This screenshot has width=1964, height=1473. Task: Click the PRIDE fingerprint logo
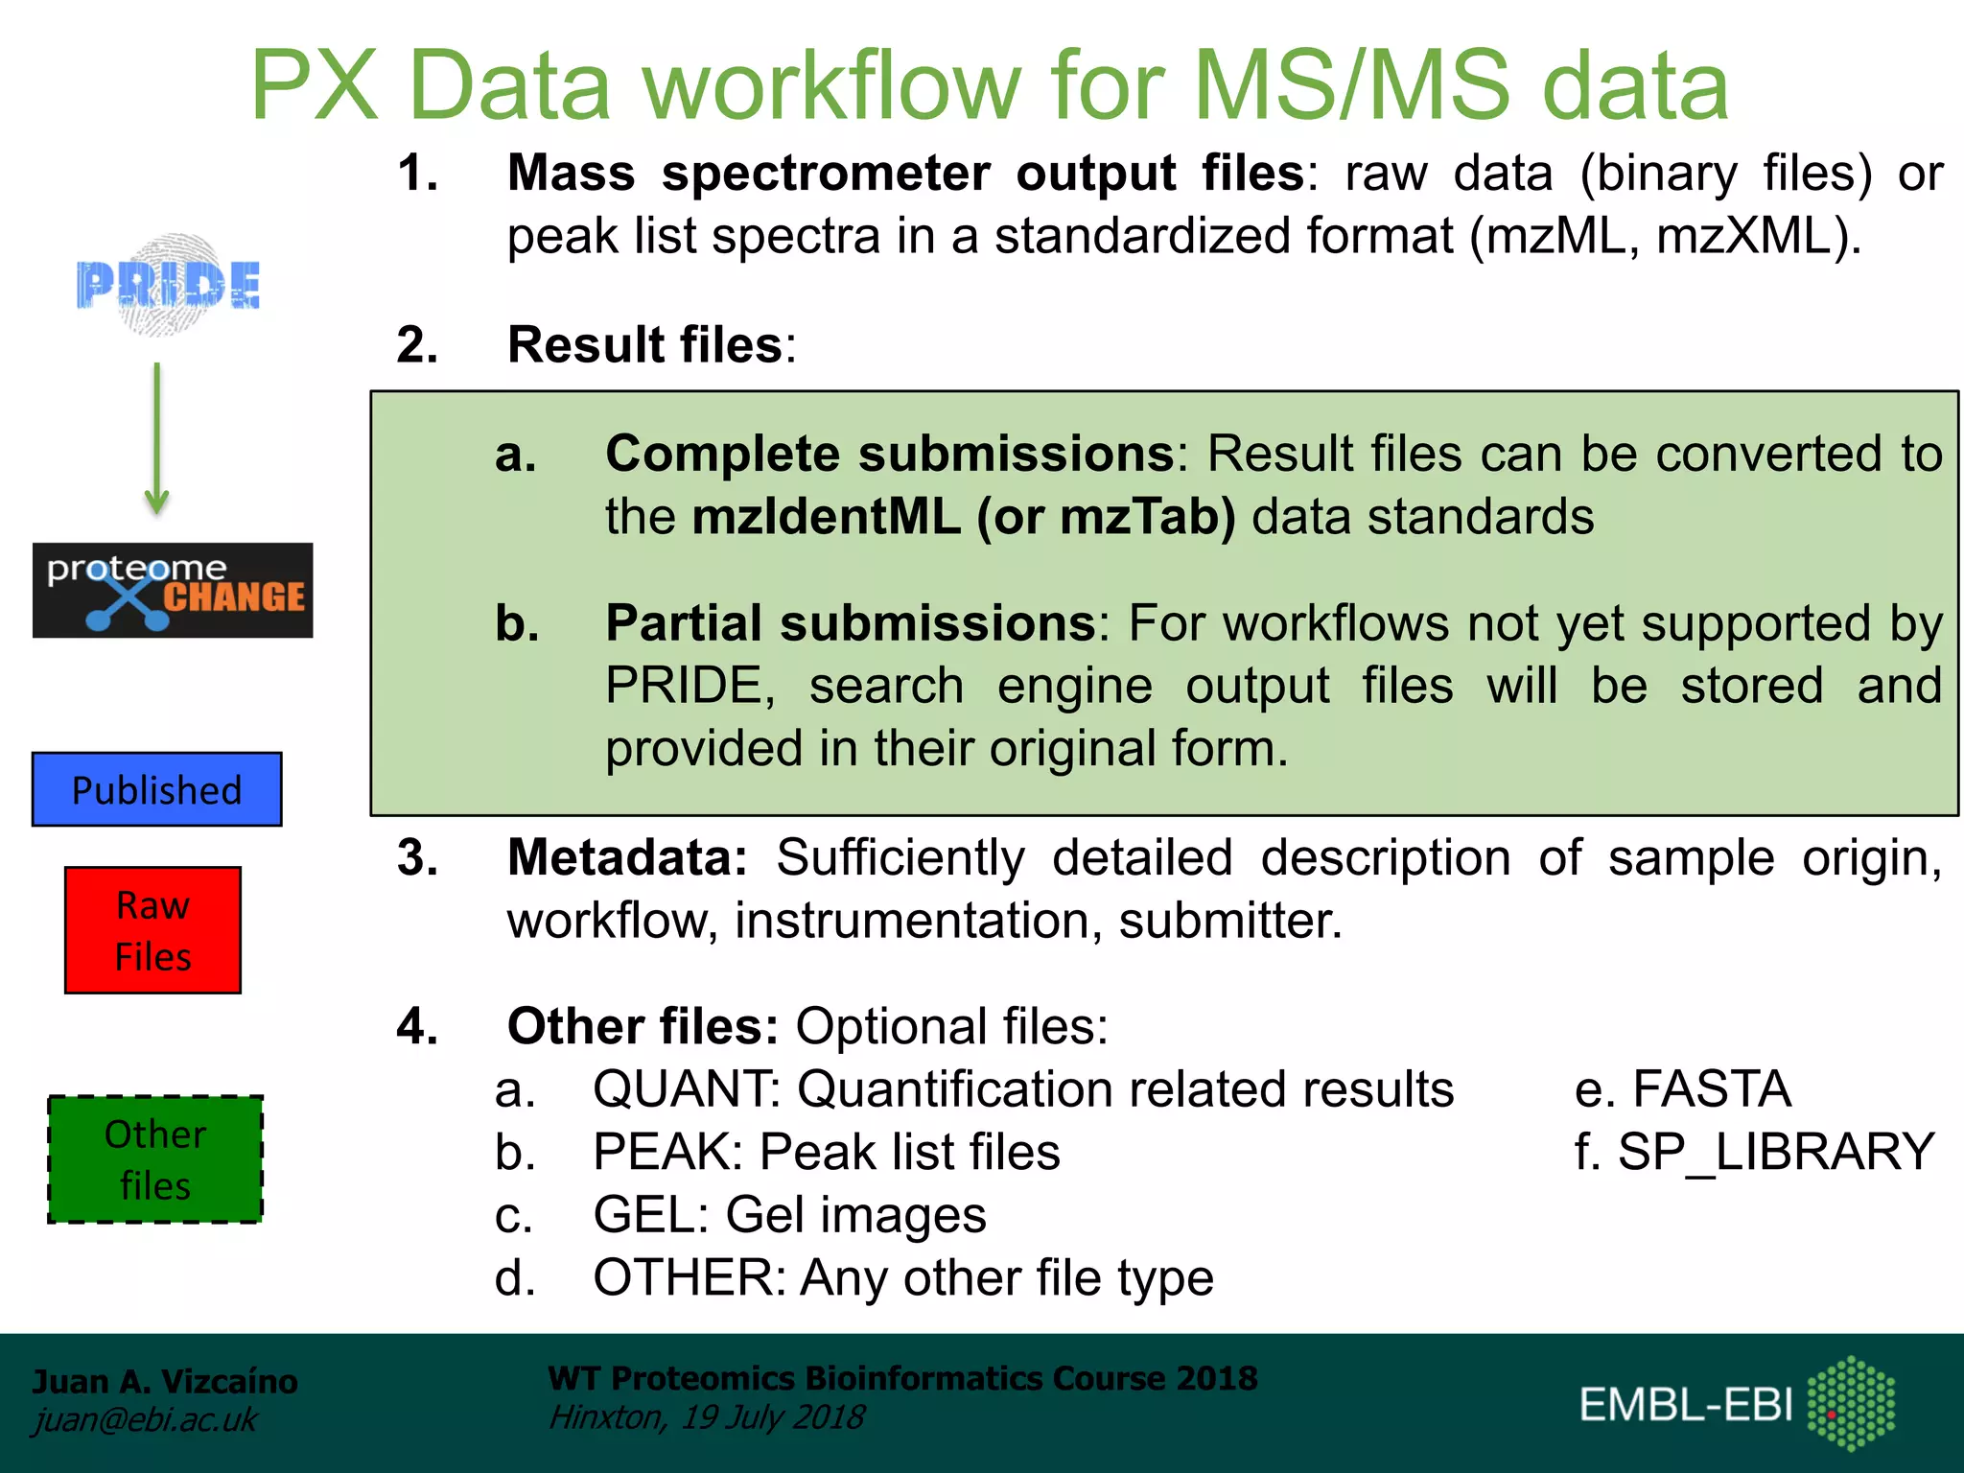169,285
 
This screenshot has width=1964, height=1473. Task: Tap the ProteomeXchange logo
173,590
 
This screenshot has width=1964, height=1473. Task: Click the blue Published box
157,789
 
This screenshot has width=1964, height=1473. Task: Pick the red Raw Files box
153,930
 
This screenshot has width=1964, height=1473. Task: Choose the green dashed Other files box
155,1159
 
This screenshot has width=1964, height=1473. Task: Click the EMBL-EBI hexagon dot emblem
1851,1403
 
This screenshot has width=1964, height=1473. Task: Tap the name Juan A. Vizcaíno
165,1381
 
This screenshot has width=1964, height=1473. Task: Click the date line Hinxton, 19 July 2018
707,1417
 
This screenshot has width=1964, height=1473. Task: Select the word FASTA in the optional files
1711,1089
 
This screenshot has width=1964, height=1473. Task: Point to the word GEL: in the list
651,1215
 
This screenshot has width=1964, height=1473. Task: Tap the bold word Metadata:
627,857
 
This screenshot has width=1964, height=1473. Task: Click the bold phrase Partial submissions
851,623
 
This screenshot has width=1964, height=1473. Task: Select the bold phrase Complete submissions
890,454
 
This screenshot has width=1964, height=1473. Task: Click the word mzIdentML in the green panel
826,517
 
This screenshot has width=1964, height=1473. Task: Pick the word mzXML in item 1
1744,236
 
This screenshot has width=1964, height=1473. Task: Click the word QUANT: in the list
687,1089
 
